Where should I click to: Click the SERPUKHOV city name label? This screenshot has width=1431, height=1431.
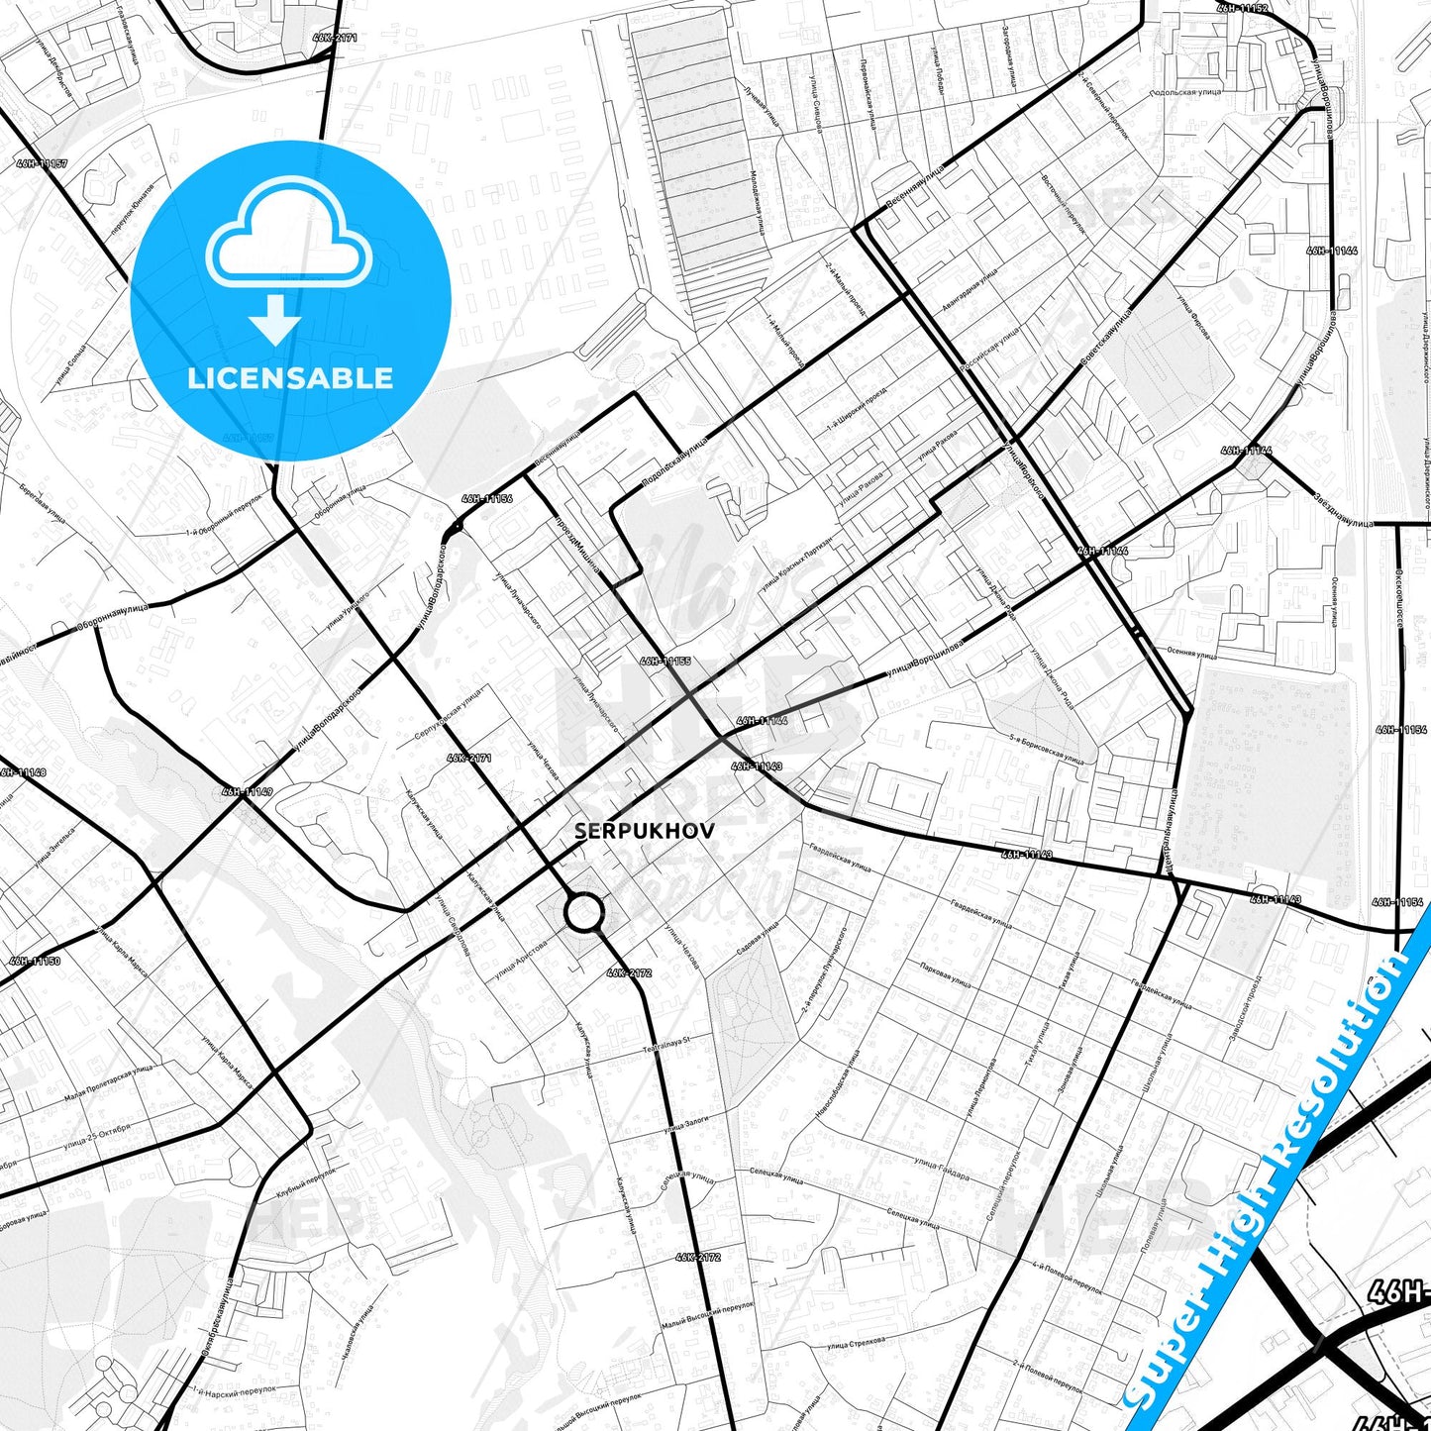(644, 832)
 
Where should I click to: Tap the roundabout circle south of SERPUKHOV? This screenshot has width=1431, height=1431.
(584, 912)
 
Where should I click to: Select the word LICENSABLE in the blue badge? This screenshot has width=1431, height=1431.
(290, 377)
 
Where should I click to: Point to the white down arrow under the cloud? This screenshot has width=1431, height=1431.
(275, 318)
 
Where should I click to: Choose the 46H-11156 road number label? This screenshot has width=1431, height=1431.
(486, 499)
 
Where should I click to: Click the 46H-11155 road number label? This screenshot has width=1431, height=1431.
(664, 661)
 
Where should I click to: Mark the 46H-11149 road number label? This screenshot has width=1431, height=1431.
(247, 791)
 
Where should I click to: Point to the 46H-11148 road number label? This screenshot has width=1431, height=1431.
(22, 771)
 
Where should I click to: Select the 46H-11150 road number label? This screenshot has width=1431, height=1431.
(35, 961)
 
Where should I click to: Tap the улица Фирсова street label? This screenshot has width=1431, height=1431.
(1192, 316)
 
